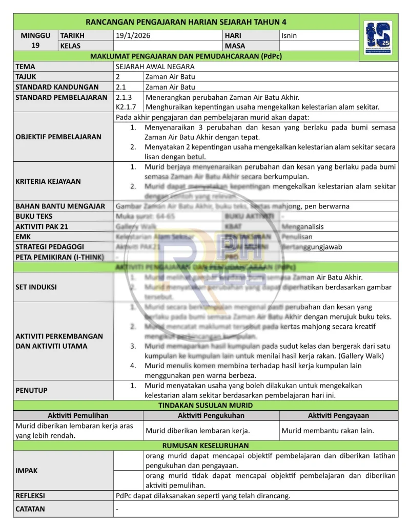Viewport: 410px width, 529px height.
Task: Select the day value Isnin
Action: tap(289, 36)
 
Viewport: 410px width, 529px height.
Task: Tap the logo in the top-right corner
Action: tap(378, 38)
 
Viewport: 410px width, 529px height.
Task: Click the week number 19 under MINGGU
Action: tap(35, 46)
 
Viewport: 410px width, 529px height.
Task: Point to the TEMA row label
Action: tap(26, 67)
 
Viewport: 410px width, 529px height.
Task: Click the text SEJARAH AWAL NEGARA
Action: tap(155, 67)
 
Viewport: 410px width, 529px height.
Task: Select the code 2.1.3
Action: tap(124, 97)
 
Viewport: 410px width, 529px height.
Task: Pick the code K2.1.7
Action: tap(126, 107)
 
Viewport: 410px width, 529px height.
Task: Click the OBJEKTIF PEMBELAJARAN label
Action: tap(58, 137)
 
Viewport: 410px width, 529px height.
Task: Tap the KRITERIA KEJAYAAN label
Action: tap(48, 181)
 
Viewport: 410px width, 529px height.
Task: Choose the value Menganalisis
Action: tap(303, 226)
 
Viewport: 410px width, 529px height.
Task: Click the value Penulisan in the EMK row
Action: tap(297, 237)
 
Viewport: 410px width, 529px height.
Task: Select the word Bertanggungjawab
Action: tap(312, 247)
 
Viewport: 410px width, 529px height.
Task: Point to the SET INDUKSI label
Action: tap(36, 287)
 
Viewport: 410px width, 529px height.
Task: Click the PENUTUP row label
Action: tap(32, 390)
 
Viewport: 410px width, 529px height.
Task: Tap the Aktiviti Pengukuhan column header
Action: tap(211, 415)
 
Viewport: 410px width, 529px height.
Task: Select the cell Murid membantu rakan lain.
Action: tap(327, 431)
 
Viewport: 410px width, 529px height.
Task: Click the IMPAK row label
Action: tap(27, 471)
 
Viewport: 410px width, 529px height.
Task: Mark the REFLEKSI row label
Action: tap(30, 496)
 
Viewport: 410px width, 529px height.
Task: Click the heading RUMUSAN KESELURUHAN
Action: tap(206, 446)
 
